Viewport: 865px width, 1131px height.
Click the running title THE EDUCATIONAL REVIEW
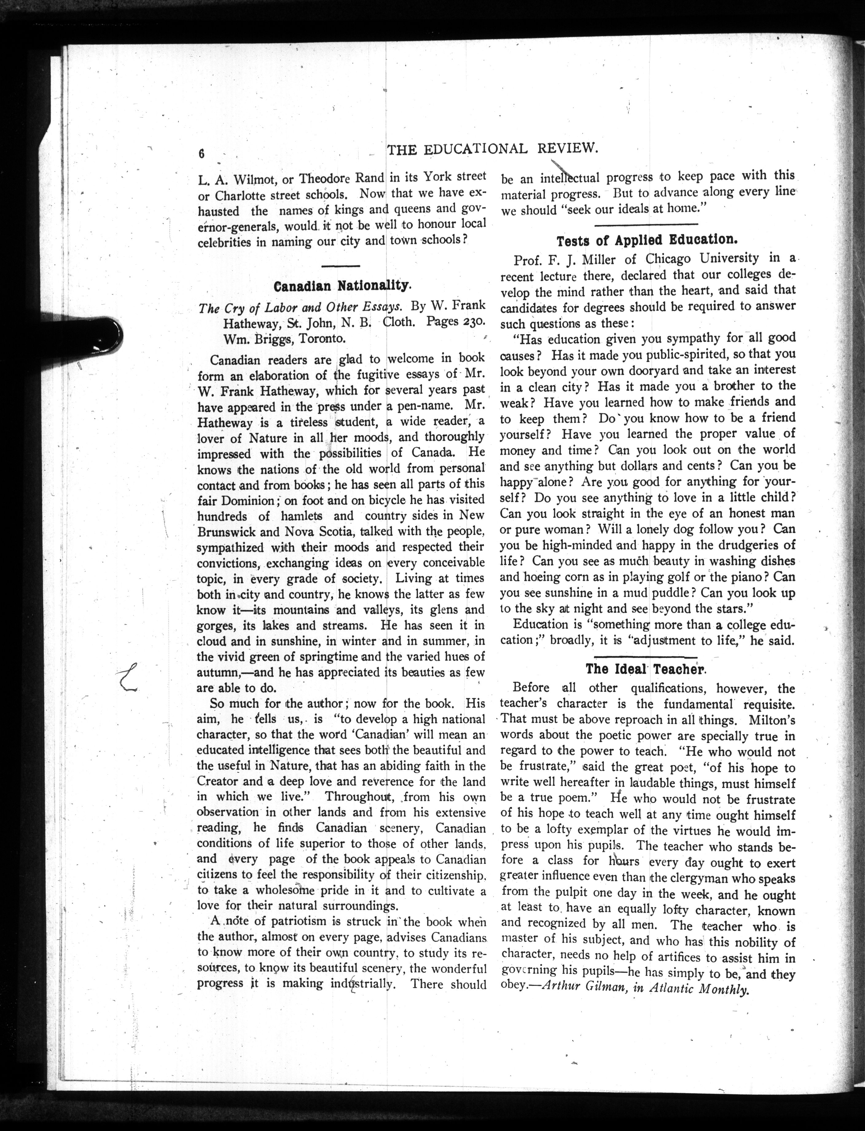point(492,149)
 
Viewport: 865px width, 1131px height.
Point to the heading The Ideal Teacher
point(647,669)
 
